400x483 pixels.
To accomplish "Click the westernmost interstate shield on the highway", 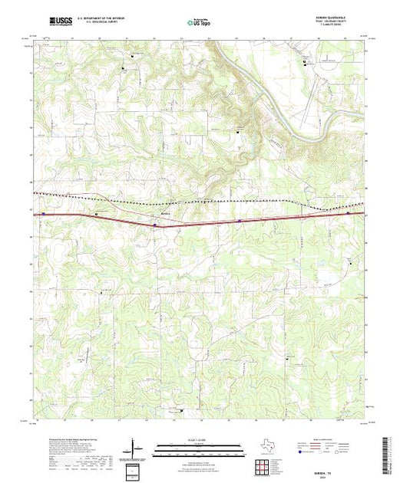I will [43, 214].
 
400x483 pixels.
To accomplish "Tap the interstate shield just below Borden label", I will [156, 225].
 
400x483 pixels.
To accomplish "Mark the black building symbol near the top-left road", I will [131, 56].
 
